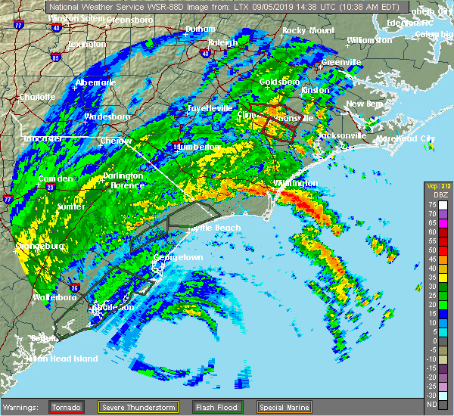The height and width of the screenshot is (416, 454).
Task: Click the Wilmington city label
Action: [296, 183]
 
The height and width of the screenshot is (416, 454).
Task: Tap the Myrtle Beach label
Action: [215, 228]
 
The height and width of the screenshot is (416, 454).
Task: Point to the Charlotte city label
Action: [36, 97]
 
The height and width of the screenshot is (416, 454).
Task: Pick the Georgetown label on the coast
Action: [178, 257]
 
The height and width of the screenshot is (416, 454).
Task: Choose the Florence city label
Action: [127, 185]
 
